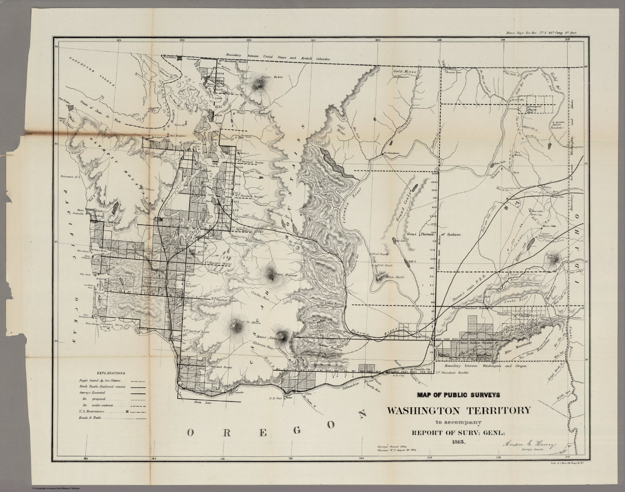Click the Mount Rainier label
pos(287,275)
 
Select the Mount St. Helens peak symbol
pos(236,325)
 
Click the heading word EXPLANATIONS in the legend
pos(111,373)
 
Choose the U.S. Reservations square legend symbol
pos(127,412)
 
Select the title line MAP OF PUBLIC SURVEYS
pos(458,394)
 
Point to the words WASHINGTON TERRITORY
pos(458,410)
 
